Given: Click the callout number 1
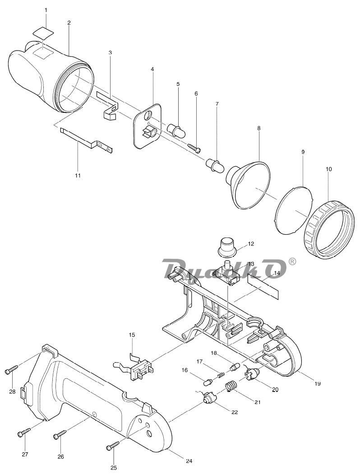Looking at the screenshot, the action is coord(46,10).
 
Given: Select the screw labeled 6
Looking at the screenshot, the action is coord(194,146).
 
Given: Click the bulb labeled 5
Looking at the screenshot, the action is coord(177,130).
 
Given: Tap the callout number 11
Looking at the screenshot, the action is coord(78,175).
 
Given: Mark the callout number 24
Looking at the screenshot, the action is coord(189,461).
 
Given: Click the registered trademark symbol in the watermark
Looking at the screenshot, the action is coord(291,261).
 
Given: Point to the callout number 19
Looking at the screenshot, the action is coord(317,383).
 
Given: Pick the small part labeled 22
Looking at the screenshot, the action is coord(209,397).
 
